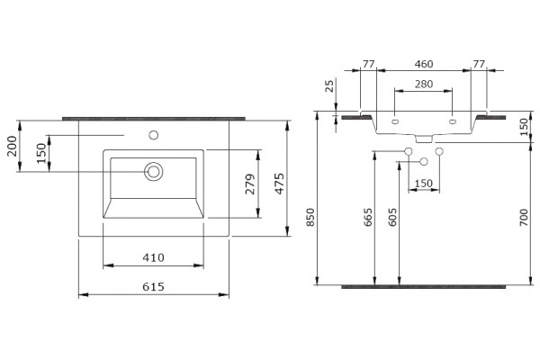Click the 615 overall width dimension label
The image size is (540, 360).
(153, 286)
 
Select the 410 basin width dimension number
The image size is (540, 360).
(153, 257)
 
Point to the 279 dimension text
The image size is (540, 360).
(250, 184)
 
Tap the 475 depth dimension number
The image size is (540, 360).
(280, 184)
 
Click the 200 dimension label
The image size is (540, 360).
(12, 146)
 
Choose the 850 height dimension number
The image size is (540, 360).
(310, 217)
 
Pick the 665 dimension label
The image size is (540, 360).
(368, 217)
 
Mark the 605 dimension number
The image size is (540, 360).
(392, 217)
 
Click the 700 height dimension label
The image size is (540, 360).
(524, 217)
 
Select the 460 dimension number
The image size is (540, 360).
(424, 64)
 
